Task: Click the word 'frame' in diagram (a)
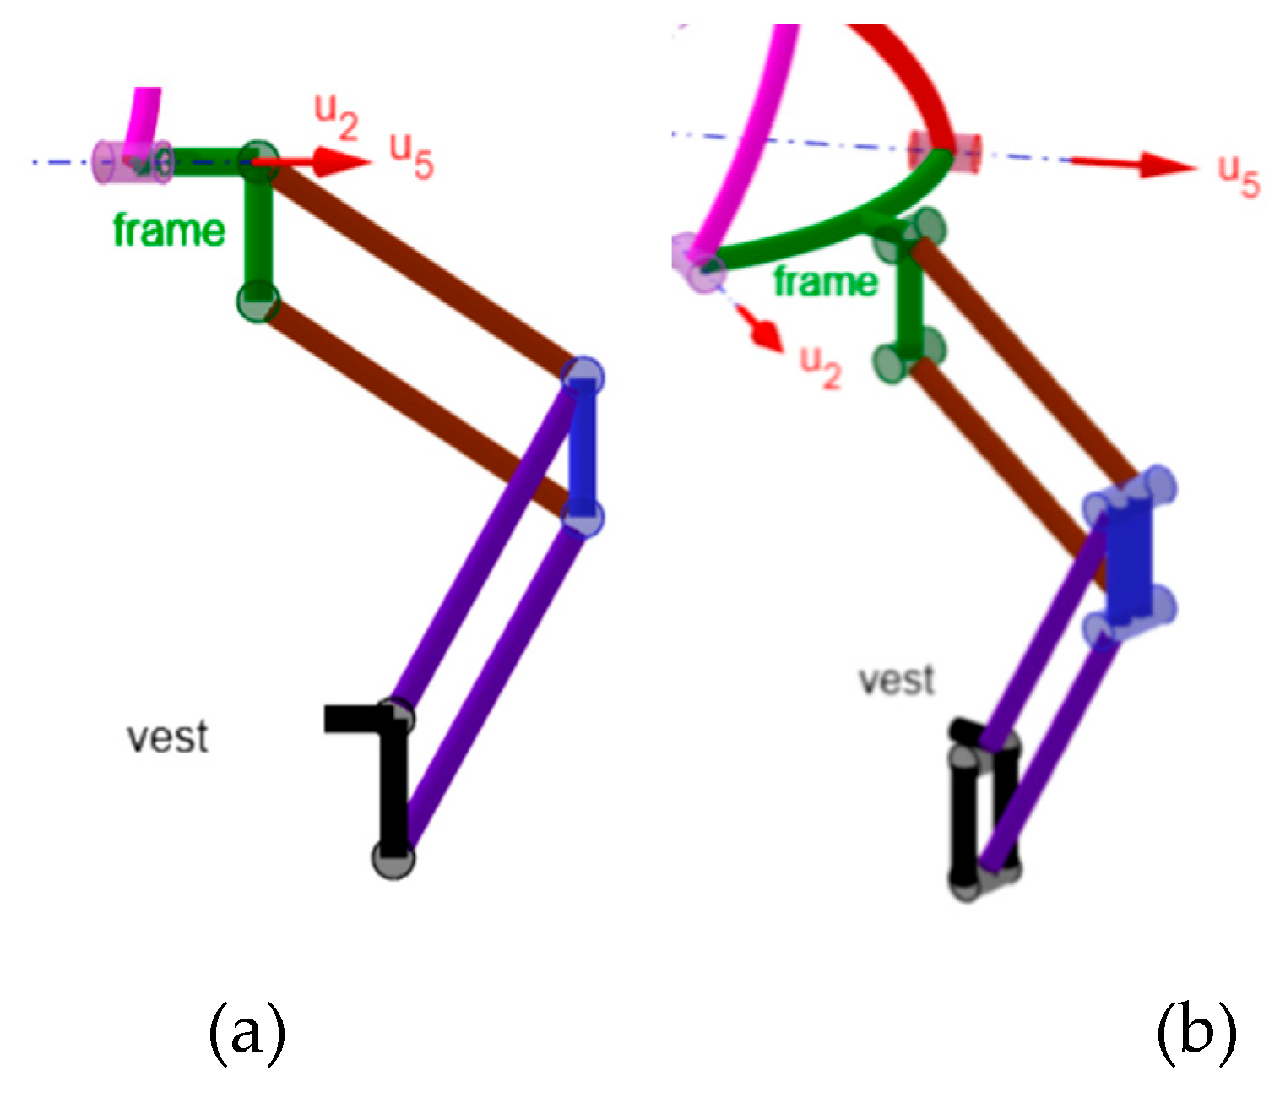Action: click(x=169, y=230)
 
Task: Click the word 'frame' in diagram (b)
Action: click(x=825, y=281)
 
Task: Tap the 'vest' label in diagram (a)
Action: click(x=167, y=737)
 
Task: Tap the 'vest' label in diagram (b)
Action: click(x=897, y=680)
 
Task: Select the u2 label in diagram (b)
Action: click(x=820, y=366)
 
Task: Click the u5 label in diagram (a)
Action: click(x=411, y=156)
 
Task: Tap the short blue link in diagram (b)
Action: click(x=1130, y=557)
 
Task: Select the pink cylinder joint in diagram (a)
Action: click(x=132, y=160)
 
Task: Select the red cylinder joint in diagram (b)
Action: click(x=944, y=151)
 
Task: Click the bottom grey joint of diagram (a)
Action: click(x=393, y=857)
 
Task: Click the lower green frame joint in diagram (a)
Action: click(x=258, y=302)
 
